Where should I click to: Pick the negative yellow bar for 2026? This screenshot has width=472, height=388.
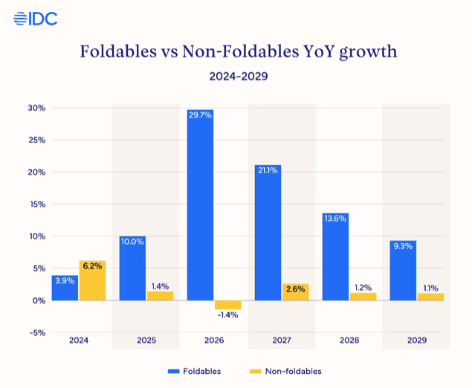click(x=227, y=305)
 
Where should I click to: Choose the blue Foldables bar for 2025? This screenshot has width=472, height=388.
click(x=132, y=268)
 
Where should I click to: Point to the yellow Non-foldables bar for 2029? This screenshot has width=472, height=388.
click(x=430, y=297)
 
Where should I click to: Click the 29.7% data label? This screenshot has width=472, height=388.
click(x=200, y=115)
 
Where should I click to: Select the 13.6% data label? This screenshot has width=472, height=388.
click(x=335, y=219)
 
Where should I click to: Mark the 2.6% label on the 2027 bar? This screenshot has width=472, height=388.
click(x=295, y=289)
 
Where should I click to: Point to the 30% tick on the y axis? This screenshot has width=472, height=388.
click(x=36, y=108)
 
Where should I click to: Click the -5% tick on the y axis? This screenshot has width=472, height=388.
click(x=36, y=333)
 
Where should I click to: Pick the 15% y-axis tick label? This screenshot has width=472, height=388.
click(x=36, y=204)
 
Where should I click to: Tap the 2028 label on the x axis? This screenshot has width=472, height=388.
click(x=349, y=340)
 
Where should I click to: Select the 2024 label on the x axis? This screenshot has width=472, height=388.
click(x=79, y=340)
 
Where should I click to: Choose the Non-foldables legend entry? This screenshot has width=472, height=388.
click(x=285, y=371)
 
